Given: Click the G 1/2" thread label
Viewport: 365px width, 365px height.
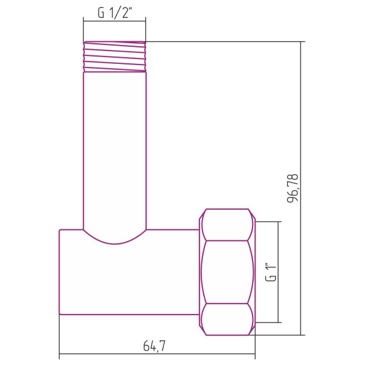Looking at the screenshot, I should pyautogui.click(x=114, y=13).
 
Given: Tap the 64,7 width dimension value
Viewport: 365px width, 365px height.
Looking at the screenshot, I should pyautogui.click(x=155, y=346).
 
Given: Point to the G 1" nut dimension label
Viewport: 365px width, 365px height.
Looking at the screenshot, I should pyautogui.click(x=271, y=272).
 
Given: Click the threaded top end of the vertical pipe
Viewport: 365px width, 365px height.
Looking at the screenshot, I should pyautogui.click(x=114, y=57).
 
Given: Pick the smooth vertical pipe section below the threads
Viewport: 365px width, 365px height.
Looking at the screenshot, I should pyautogui.click(x=114, y=146).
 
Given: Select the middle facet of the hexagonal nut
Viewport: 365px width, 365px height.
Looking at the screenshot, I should pyautogui.click(x=228, y=272).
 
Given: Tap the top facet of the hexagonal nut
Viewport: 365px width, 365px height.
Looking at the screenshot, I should pyautogui.click(x=228, y=224).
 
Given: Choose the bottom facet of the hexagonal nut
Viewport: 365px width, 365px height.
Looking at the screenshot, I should pyautogui.click(x=228, y=319).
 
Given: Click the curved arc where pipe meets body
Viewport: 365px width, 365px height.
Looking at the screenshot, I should pyautogui.click(x=114, y=242).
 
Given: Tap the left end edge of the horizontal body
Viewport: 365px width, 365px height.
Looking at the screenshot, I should pyautogui.click(x=60, y=272).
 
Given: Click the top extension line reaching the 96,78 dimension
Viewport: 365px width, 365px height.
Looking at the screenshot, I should pyautogui.click(x=225, y=41).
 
